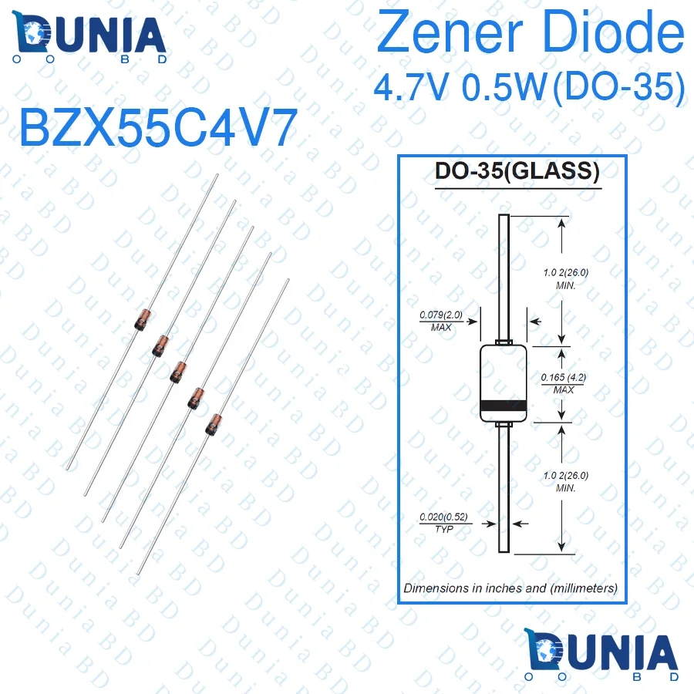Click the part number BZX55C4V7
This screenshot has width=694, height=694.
(158, 128)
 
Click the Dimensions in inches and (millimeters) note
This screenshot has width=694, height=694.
(510, 588)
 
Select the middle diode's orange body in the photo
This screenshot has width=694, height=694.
(178, 370)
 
